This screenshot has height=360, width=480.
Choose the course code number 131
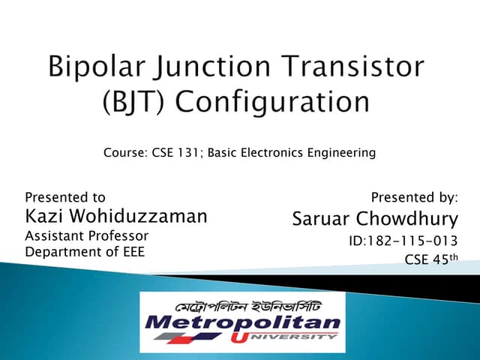tap(187, 153)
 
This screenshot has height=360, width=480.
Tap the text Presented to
tap(65, 198)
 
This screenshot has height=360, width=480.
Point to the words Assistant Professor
tap(87, 236)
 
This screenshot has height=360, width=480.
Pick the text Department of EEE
tap(85, 251)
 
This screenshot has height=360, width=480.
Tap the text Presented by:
tap(414, 198)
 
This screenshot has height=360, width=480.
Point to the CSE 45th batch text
tap(430, 260)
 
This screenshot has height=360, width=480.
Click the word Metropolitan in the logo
tap(243, 324)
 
